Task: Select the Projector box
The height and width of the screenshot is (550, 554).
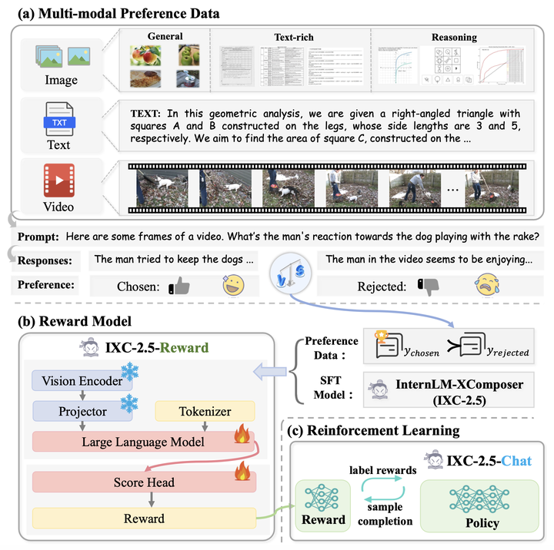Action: click(x=83, y=411)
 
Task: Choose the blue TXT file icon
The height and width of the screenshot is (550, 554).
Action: click(x=58, y=118)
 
